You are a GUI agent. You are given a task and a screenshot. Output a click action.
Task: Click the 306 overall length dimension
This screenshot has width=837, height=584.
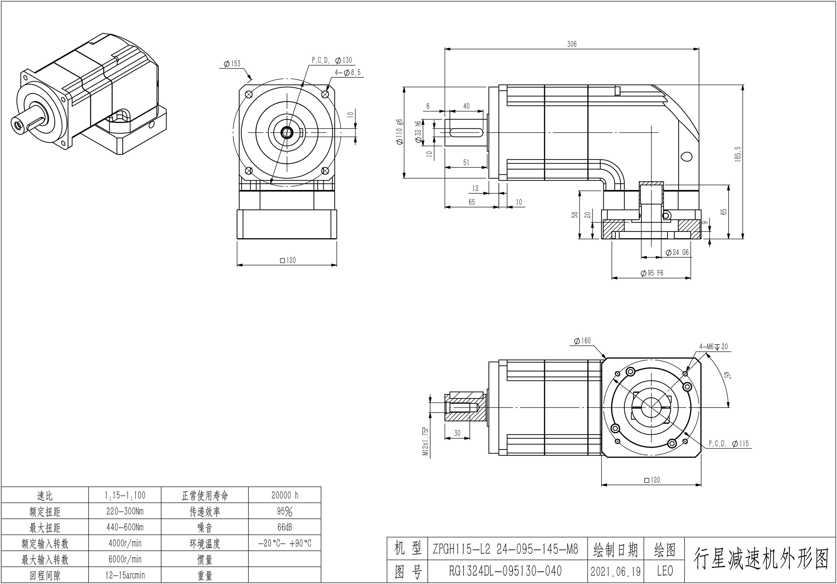[x=572, y=44]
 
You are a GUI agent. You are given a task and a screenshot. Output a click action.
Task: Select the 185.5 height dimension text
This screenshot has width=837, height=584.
[x=738, y=154]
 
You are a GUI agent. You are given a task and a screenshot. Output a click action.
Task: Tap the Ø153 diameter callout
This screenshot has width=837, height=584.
[x=232, y=64]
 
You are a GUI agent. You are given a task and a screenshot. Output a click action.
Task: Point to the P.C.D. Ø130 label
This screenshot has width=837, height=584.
[x=332, y=60]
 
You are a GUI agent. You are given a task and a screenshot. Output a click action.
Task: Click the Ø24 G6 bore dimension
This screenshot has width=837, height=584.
[x=677, y=252]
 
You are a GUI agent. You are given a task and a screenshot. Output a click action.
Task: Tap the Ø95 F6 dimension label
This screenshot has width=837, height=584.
[x=652, y=273]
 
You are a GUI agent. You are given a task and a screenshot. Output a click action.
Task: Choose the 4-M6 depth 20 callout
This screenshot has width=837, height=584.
[x=713, y=347]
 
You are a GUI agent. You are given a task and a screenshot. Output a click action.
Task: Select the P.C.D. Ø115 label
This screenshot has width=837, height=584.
[x=728, y=444]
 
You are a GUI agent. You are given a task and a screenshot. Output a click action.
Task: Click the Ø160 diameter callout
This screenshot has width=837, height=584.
[x=582, y=341]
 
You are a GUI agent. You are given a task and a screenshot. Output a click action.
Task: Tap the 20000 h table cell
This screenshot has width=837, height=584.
[x=285, y=495]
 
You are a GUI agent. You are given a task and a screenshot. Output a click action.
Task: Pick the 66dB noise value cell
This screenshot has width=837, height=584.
[x=285, y=527]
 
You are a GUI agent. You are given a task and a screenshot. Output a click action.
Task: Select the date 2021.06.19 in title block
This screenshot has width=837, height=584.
[x=615, y=571]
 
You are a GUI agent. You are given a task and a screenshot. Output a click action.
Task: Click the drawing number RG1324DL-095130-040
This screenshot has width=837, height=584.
[x=505, y=571]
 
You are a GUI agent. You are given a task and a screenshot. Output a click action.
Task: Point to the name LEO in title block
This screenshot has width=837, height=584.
[x=665, y=571]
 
